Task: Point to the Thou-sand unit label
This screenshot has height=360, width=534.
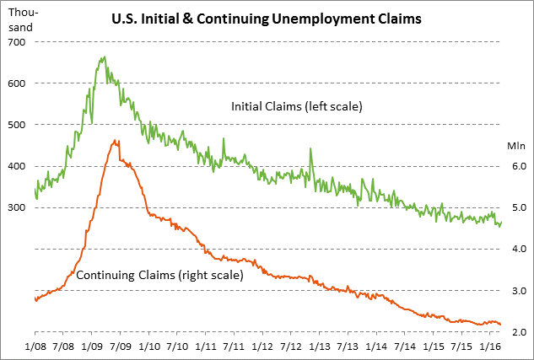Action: [x=20, y=20]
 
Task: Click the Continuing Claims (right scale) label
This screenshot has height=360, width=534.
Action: [x=159, y=275]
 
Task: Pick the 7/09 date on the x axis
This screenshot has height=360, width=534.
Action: [x=121, y=347]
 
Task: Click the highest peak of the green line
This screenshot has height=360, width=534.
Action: [x=103, y=57]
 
